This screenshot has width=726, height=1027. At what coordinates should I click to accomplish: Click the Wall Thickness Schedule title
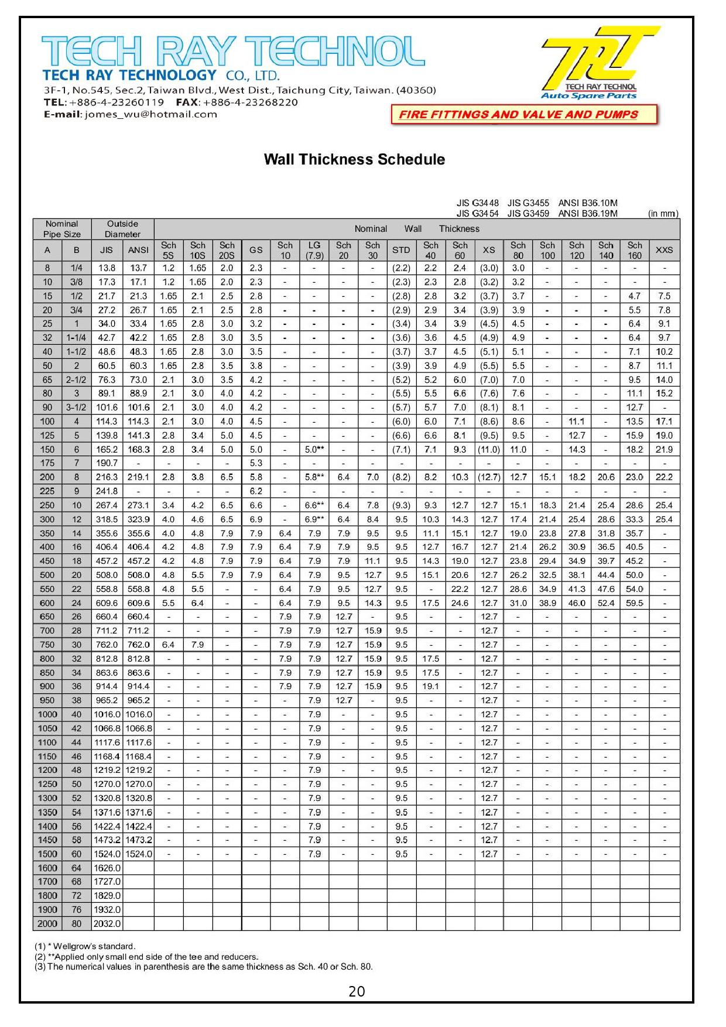click(354, 160)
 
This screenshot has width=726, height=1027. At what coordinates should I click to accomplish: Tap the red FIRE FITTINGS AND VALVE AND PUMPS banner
click(524, 115)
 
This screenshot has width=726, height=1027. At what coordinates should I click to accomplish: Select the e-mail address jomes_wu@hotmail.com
click(151, 115)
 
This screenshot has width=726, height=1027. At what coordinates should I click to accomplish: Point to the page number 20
click(357, 991)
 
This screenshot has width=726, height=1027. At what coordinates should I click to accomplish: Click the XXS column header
click(664, 251)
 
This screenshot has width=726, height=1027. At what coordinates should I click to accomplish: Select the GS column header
click(256, 251)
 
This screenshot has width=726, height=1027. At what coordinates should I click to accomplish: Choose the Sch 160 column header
click(635, 251)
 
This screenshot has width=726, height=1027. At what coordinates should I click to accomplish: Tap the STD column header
click(401, 251)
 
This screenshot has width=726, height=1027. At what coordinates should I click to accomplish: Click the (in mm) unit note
click(663, 214)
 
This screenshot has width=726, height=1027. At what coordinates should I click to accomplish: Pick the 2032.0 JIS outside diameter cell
click(107, 924)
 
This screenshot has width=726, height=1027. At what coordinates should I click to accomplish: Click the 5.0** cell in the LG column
click(314, 450)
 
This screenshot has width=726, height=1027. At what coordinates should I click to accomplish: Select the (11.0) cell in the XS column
click(489, 450)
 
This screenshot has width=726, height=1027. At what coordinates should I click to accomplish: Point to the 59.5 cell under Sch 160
click(635, 603)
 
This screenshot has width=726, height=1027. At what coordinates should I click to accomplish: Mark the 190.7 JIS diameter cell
click(107, 464)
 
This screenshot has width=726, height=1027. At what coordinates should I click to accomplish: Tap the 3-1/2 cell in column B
click(76, 408)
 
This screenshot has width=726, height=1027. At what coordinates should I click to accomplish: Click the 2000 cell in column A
click(47, 924)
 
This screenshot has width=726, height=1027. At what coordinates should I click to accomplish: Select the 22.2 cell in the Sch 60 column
click(460, 589)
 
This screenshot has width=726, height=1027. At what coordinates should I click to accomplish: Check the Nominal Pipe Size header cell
click(62, 229)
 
